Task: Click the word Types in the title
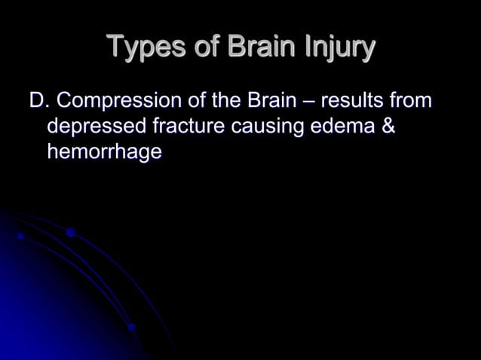pyautogui.click(x=140, y=48)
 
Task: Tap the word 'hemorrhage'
pyautogui.click(x=104, y=152)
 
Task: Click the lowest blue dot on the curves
pyautogui.click(x=131, y=328)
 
